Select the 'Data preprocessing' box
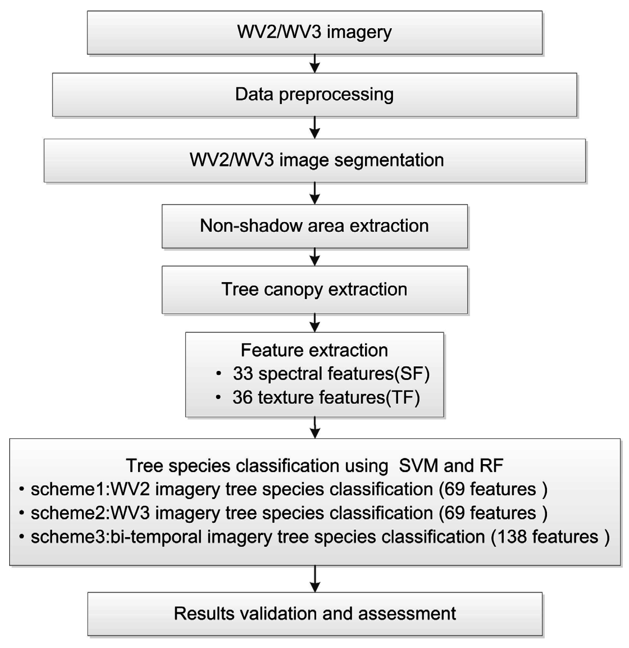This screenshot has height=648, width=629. [x=314, y=95]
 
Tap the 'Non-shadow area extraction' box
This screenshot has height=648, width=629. [x=314, y=226]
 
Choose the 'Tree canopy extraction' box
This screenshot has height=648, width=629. [x=314, y=290]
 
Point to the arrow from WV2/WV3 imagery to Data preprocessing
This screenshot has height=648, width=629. [x=315, y=63]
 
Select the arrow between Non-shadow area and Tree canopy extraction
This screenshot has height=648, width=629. [x=315, y=257]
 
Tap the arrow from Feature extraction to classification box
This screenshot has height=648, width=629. [x=315, y=428]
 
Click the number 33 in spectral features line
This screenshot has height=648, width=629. [x=243, y=374]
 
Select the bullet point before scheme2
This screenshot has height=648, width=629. [x=22, y=513]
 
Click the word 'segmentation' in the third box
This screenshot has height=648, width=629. [x=389, y=160]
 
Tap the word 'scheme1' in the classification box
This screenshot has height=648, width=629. [x=68, y=489]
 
